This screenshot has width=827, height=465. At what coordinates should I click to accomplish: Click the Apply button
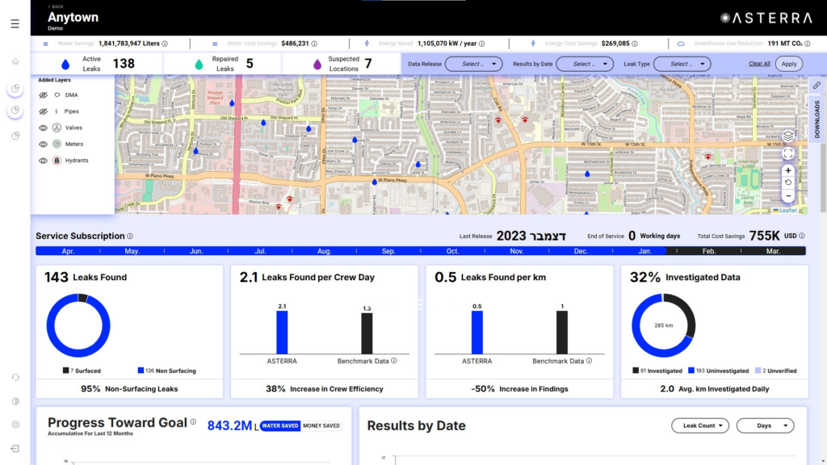789,64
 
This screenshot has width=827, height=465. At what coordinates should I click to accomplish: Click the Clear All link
759,64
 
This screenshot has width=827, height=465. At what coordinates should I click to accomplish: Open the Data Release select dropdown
473,64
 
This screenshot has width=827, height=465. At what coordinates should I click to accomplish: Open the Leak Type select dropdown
682,64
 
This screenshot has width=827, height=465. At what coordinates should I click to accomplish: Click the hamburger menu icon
15,24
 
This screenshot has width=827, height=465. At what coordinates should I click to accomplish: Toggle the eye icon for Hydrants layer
44,160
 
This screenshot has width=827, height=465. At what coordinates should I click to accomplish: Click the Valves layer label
73,128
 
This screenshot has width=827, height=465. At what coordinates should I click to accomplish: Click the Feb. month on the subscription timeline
708,251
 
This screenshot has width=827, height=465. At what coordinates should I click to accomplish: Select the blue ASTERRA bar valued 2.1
282,332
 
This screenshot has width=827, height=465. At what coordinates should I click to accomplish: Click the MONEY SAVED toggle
321,425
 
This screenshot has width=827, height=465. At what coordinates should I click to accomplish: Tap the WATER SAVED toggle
279,425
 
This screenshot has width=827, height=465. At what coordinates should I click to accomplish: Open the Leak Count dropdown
700,425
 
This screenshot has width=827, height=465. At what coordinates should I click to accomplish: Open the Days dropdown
765,425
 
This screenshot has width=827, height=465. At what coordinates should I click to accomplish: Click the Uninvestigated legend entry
719,371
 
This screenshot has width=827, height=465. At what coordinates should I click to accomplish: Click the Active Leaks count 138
124,64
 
